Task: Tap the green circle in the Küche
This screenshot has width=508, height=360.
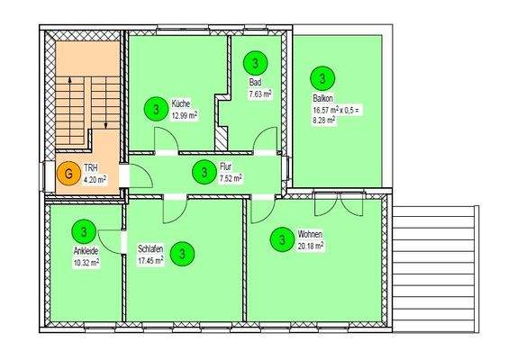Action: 157,110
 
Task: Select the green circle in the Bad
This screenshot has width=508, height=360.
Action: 256,63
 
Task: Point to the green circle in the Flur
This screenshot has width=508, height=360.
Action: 205,170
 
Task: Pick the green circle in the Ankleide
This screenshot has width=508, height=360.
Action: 84,232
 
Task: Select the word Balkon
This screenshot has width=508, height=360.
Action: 323,97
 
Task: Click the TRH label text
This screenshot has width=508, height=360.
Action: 90,168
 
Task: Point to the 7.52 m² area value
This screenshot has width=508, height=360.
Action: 230,176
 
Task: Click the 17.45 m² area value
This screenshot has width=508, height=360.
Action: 150,261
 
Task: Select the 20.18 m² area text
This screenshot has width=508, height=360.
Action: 312,244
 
